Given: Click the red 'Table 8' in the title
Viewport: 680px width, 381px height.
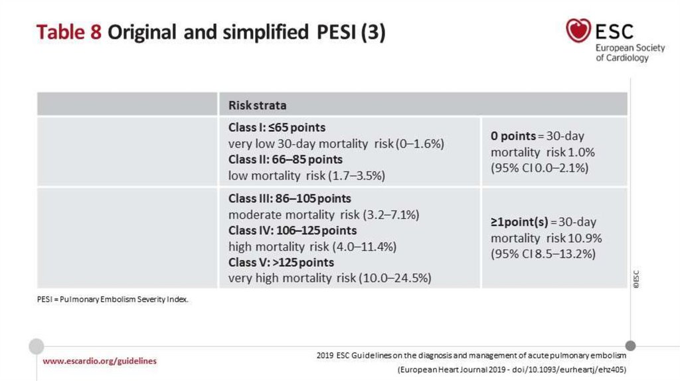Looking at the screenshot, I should point(68,33).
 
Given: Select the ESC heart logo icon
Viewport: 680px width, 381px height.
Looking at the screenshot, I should point(578,30).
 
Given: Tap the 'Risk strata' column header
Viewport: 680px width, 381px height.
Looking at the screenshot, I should point(258,105).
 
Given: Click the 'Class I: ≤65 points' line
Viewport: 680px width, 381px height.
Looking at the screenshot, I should point(277,127).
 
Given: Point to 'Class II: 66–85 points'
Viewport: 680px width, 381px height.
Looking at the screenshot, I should point(286,159).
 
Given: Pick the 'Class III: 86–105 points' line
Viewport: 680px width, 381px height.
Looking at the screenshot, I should point(290,198).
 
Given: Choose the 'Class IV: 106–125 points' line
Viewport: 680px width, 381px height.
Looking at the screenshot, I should point(292,230).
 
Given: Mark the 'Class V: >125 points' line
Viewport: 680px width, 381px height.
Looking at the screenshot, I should point(281,262).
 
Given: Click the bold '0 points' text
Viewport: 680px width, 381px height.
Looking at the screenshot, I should point(513,136).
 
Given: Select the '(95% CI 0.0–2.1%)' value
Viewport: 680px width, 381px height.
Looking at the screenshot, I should point(540,168).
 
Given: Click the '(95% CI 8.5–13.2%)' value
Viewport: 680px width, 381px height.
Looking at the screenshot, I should point(543,254).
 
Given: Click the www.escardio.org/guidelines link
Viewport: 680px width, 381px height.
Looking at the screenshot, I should point(100,361).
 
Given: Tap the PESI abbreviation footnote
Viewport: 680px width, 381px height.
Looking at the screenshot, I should point(113,300).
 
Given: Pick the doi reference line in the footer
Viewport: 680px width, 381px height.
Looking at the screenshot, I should point(511,369).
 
